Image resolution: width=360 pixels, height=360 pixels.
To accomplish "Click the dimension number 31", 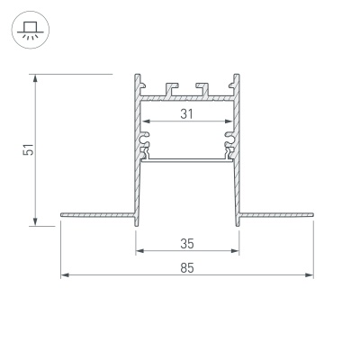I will coord(187,113).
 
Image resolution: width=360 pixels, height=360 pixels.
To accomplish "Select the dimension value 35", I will coord(187,244).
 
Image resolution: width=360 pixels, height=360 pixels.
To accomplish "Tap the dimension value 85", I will coord(187,267).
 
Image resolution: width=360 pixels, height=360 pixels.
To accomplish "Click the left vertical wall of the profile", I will coord(138,171).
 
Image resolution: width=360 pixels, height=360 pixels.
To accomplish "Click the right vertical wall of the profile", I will coord(238,171).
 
